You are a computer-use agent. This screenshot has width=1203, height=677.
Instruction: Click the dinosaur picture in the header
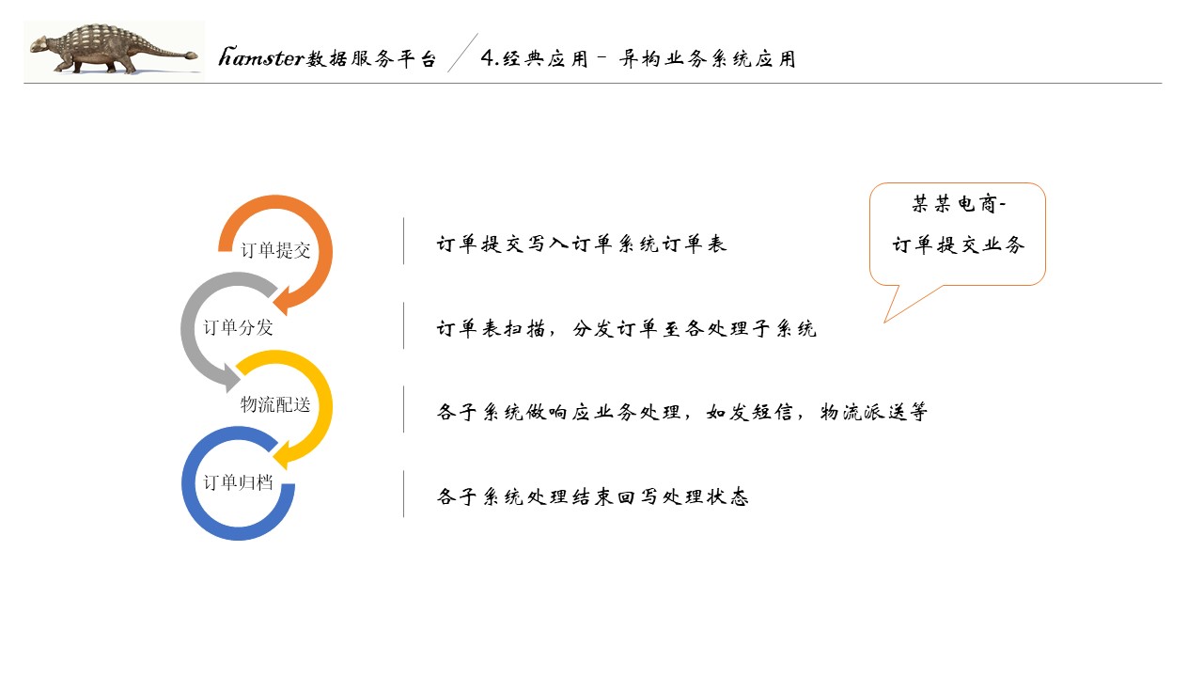pos(113,51)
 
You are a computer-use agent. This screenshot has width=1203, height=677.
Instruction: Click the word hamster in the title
pos(261,58)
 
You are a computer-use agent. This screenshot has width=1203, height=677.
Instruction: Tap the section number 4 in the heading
pos(487,58)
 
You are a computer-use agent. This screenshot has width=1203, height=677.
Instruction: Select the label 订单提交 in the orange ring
pos(275,250)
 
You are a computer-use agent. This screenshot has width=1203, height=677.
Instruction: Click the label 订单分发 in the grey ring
pos(238,327)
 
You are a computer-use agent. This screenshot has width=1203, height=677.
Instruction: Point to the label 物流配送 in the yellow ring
pos(275,404)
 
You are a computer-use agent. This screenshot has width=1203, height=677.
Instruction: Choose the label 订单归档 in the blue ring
pos(238,481)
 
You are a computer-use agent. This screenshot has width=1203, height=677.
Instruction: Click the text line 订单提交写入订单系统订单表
pos(582,244)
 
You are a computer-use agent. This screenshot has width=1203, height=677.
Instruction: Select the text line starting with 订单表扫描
pos(627,329)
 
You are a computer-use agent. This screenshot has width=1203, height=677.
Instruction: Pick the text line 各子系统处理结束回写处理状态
pos(593,497)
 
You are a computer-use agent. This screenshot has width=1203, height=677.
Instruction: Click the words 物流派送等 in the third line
pos(874,412)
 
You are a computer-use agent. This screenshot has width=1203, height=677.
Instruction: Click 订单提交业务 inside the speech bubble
pos(958,245)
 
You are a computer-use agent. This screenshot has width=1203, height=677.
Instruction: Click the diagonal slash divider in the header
pos(461,54)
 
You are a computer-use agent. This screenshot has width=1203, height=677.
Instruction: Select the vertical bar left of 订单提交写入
pos(404,242)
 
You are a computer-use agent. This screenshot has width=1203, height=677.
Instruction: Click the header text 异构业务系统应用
pos(708,58)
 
